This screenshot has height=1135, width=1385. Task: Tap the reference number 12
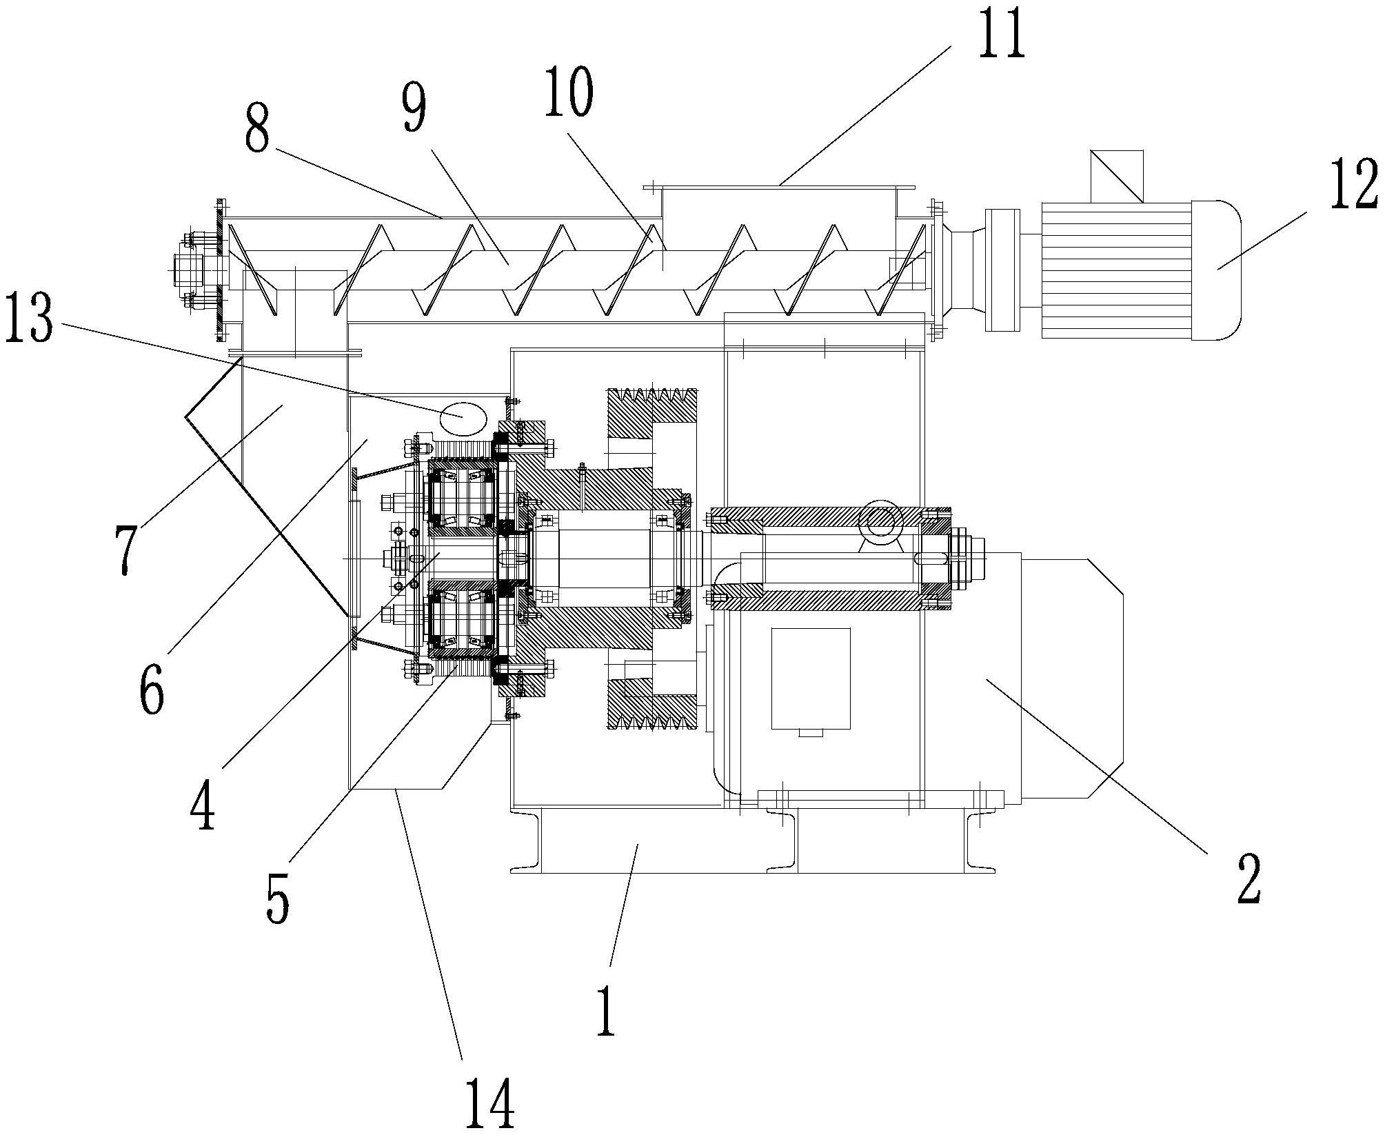coord(1354,183)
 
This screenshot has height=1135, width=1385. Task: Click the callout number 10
coord(568,94)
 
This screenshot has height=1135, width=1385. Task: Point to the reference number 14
coord(489,1103)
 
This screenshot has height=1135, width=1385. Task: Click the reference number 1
coord(606,1010)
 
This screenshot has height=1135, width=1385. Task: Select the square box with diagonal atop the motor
coord(1117,176)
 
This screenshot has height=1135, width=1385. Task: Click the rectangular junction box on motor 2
coord(811,679)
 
